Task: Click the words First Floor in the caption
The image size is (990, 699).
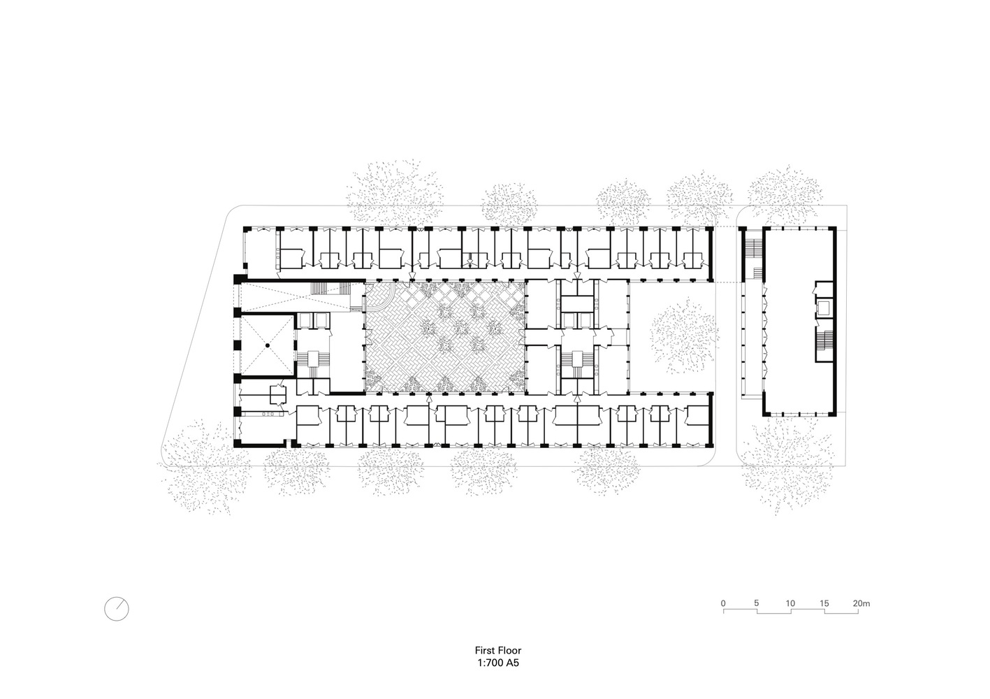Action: [498, 650]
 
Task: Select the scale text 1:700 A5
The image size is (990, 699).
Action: [498, 663]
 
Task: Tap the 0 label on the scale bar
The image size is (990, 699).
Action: [723, 603]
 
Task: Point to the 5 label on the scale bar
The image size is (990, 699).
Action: [757, 603]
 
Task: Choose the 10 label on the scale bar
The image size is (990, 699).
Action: [790, 603]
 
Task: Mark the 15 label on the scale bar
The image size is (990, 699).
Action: [824, 603]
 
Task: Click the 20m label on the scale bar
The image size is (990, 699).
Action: [861, 603]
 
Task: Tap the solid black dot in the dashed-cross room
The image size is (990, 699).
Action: [268, 345]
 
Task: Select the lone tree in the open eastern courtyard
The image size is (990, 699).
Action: [682, 336]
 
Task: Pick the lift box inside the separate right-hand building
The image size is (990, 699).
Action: [824, 308]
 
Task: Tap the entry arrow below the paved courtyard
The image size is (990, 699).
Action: [428, 399]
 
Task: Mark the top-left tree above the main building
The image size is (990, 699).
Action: [395, 192]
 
